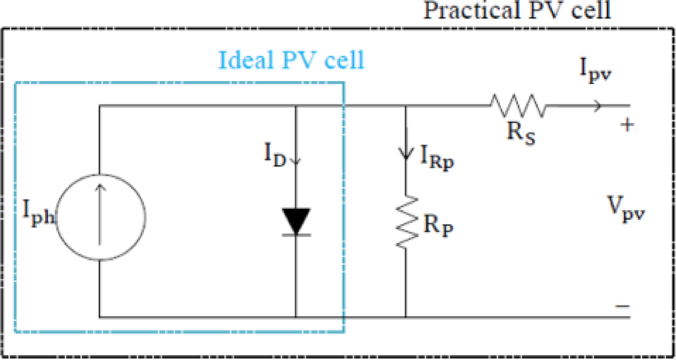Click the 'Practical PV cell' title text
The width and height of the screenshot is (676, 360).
[517, 11]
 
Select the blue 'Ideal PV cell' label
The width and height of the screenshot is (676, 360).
[292, 60]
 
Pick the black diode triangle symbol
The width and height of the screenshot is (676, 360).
[296, 221]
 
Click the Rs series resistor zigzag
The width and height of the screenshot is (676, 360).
[518, 106]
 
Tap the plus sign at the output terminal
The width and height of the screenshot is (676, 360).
[627, 126]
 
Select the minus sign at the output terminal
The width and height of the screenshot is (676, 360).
[622, 306]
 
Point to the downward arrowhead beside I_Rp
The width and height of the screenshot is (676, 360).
[406, 155]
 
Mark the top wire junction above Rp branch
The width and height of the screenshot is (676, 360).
[406, 106]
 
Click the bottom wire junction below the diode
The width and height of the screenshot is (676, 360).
[296, 316]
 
